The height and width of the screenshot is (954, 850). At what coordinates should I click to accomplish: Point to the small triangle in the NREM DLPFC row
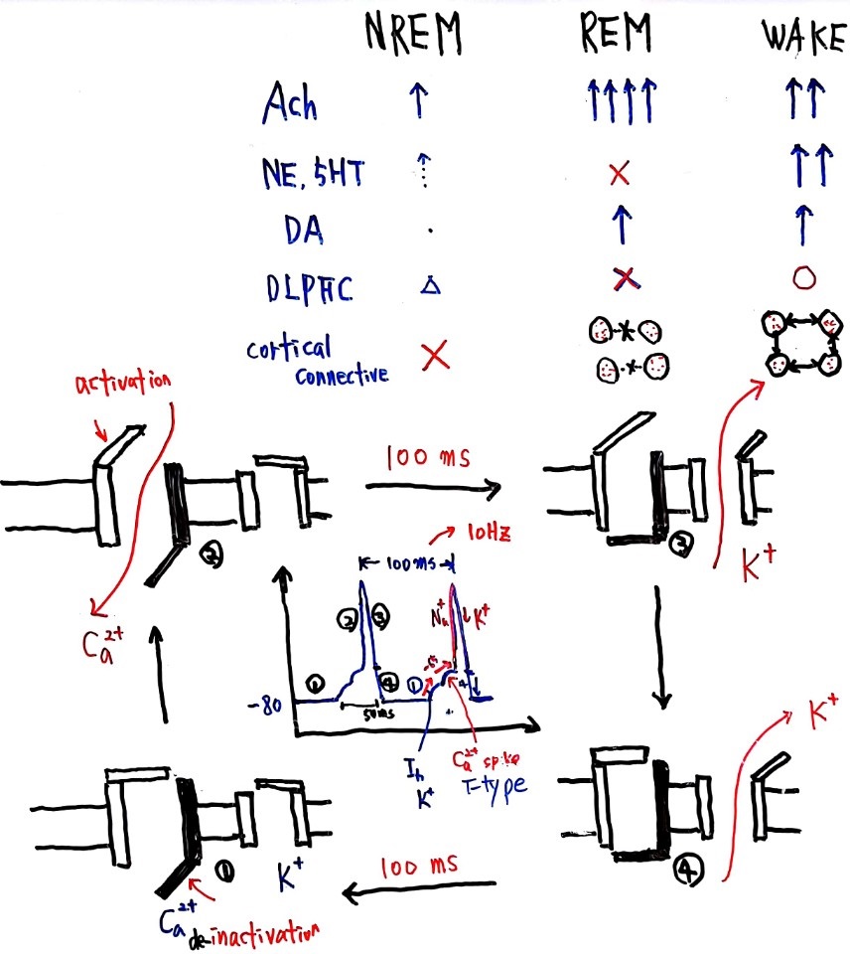tap(429, 286)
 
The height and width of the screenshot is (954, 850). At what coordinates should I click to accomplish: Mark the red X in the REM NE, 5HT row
tap(620, 176)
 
